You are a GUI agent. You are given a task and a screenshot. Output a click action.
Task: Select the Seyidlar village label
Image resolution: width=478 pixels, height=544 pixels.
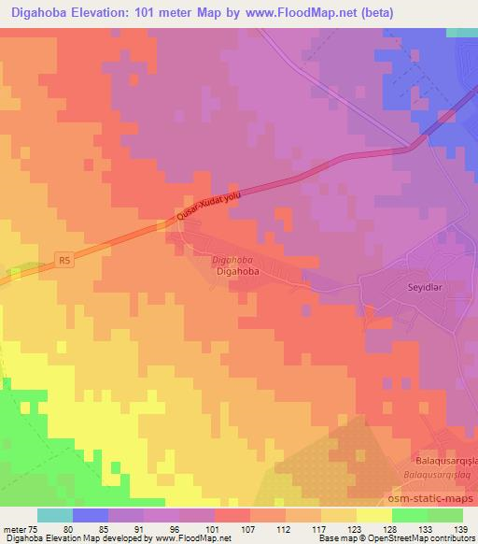404,286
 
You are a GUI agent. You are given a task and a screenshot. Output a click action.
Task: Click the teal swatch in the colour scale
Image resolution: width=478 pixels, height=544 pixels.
55,515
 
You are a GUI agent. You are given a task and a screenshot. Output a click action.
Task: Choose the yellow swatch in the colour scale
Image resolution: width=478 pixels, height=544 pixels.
373,515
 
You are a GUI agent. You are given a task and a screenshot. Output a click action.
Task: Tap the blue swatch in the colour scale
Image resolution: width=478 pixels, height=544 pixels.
91,515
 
